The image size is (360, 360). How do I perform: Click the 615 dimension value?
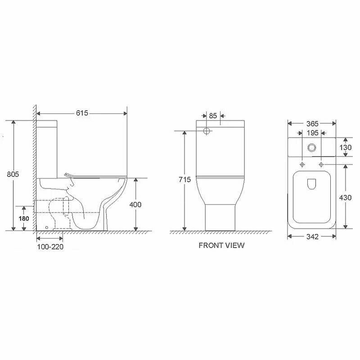click(x=81, y=113)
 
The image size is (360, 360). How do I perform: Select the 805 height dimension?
click(x=13, y=174)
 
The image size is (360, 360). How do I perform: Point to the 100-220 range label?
click(x=49, y=247)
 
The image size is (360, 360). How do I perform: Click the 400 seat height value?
click(x=135, y=204)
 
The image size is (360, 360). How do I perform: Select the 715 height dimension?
click(x=184, y=180)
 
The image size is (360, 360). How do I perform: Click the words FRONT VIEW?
click(x=221, y=245)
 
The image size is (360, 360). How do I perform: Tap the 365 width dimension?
click(x=312, y=123)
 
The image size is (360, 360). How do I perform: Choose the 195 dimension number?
click(x=312, y=133)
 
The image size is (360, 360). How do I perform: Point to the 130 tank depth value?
click(x=346, y=147)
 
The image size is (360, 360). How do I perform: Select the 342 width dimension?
click(x=312, y=237)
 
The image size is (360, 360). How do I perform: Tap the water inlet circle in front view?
click(x=207, y=131)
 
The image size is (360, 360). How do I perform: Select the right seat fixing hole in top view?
click(x=321, y=165)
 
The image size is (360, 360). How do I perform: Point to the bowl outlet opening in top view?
click(x=311, y=184)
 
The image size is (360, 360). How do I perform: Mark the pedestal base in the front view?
click(x=220, y=216)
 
